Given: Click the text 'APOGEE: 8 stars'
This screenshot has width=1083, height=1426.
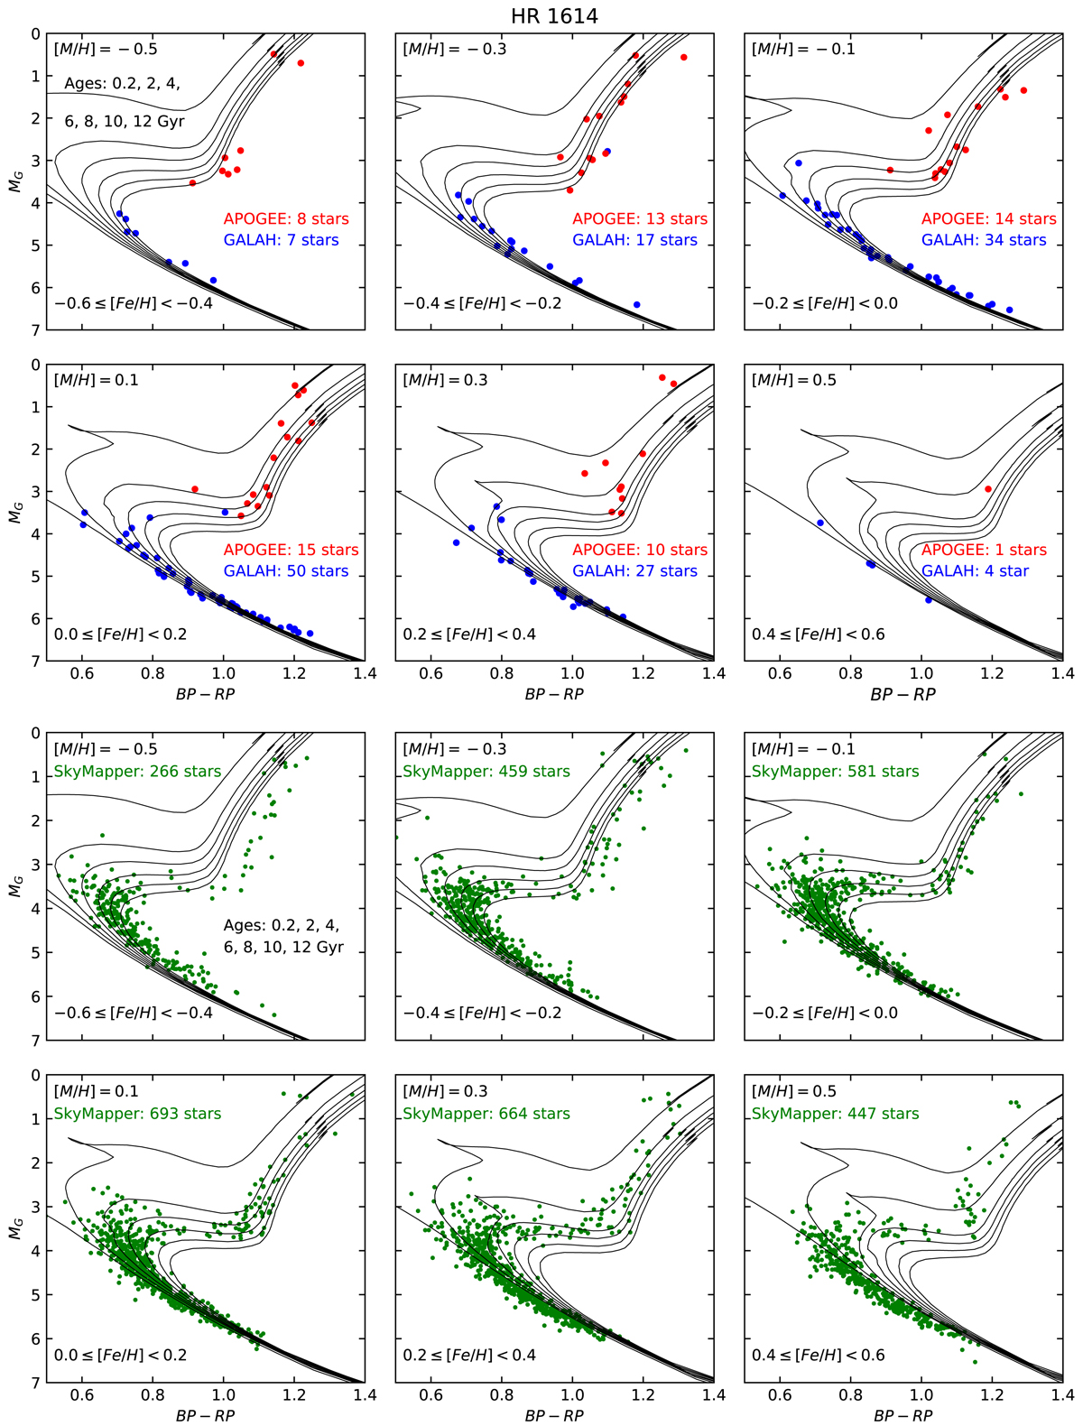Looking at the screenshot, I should point(286,218).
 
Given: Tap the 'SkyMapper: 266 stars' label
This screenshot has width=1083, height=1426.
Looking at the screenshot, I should point(137,772).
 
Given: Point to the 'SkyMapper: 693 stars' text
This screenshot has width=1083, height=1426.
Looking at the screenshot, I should point(137,1114).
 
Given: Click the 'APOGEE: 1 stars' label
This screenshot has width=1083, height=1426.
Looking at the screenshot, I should point(984,550).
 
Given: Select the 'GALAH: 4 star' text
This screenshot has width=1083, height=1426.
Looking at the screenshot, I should point(975,571).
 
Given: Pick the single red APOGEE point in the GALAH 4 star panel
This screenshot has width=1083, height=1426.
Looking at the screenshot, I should point(988,489).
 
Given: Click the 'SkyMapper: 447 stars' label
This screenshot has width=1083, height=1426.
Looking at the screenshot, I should point(835,1114).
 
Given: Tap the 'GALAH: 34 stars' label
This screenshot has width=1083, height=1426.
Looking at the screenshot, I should point(984,240).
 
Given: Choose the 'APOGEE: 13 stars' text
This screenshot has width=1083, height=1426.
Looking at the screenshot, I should point(640,218).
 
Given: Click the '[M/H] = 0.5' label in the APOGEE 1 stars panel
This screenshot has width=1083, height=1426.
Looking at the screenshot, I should point(794,380).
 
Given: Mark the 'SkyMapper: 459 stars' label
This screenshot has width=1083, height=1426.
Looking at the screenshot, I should point(486,772).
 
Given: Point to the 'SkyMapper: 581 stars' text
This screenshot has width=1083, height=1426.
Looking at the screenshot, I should point(835,772).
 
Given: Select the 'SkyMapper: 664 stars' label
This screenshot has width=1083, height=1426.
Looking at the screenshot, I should point(486,1114).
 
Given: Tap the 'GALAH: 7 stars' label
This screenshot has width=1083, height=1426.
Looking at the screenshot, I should point(282,240).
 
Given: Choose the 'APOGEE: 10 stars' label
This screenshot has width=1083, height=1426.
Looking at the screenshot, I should point(640,550).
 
